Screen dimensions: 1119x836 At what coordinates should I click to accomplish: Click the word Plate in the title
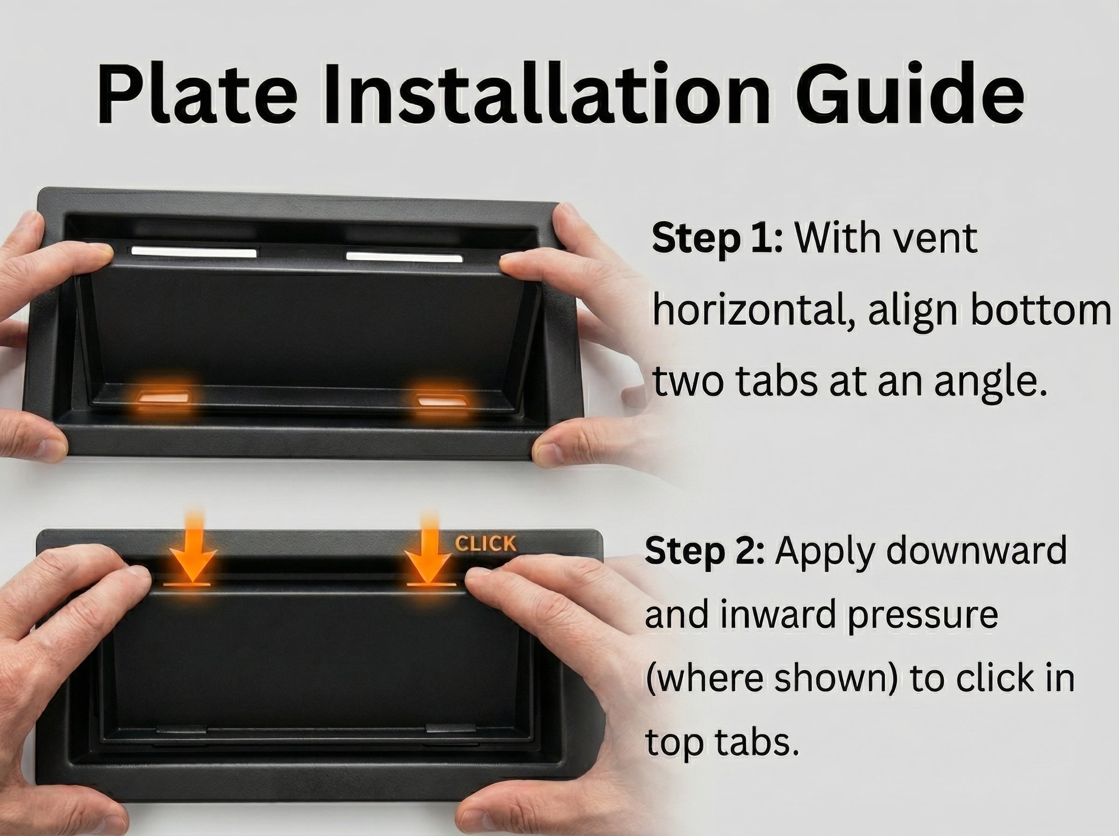(x=197, y=94)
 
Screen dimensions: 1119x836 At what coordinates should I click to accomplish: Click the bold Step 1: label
(x=717, y=238)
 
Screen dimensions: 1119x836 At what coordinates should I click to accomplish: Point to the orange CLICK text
(x=485, y=543)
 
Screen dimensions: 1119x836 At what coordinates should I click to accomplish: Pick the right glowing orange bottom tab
(x=442, y=401)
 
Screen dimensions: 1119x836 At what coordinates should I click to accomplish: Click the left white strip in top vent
(x=193, y=251)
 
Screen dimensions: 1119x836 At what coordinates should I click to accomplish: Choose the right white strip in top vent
(x=404, y=257)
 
